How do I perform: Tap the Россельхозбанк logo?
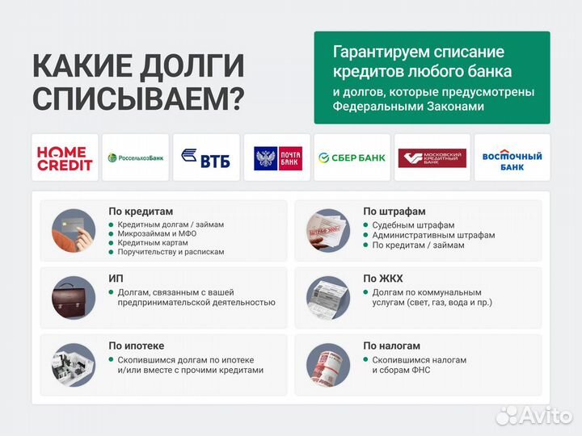click(x=136, y=157)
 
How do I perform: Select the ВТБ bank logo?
click(x=206, y=157)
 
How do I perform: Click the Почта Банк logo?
click(x=276, y=157)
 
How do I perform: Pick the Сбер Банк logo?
click(x=352, y=157)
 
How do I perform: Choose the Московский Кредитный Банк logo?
click(x=432, y=157)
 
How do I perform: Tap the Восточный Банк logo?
click(x=512, y=157)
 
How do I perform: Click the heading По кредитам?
click(x=136, y=212)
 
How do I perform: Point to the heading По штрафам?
click(x=394, y=212)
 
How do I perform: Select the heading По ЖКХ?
click(x=383, y=279)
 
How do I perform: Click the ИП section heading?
click(x=116, y=279)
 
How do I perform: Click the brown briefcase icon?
click(x=74, y=296)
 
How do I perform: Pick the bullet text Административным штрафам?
click(x=433, y=235)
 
